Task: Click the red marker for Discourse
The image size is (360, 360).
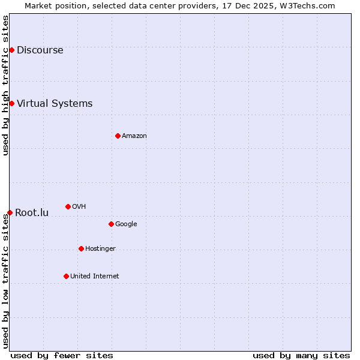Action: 11,50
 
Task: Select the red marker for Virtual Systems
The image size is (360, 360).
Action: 11,103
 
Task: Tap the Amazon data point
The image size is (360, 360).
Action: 118,136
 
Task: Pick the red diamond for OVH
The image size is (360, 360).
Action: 68,206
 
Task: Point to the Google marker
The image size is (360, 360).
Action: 111,224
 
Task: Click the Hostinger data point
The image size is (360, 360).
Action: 81,248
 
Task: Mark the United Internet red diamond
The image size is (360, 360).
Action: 66,276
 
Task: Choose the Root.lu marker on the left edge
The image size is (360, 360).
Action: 10,212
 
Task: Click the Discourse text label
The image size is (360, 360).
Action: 40,50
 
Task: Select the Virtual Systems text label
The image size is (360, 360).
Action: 55,103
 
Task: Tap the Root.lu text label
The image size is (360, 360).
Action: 32,212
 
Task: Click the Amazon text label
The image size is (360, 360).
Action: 134,136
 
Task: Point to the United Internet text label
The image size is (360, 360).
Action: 94,276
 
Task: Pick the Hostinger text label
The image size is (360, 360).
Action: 100,248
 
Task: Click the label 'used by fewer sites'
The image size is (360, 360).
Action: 62,355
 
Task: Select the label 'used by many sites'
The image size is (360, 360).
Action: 301,355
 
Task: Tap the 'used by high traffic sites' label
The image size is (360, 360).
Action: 5,85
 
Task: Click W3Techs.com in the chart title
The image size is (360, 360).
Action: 309,5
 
